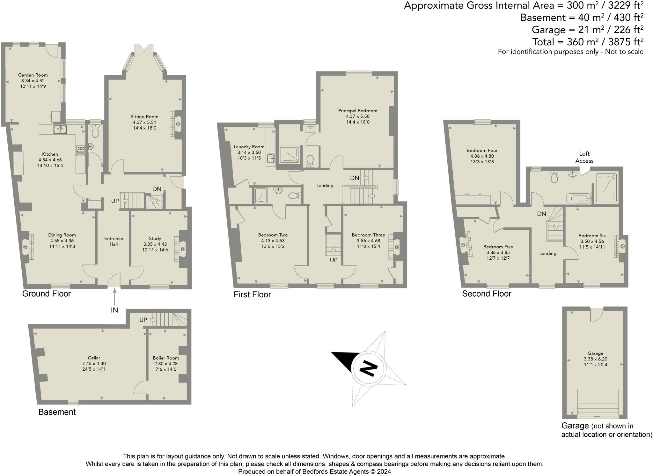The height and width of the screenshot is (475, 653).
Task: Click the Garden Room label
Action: point(33,75)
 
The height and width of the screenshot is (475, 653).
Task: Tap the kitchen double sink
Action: point(60,129)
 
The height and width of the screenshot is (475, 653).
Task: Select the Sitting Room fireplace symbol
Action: point(178,124)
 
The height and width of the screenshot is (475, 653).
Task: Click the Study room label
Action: point(155,238)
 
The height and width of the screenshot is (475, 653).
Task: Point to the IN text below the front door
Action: point(114,310)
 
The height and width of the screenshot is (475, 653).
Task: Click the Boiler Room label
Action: point(166,358)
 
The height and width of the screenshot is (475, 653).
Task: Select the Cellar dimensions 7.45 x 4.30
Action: point(94,364)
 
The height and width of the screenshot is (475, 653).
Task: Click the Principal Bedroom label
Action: point(357,111)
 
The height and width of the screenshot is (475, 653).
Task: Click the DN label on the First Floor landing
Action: point(355,178)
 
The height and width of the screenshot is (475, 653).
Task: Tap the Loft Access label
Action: point(584,157)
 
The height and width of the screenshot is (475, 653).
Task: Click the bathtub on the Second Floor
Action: point(578,198)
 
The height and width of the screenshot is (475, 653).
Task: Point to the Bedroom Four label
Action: point(482,150)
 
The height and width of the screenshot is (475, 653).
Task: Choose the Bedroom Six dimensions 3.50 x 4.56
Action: point(592,241)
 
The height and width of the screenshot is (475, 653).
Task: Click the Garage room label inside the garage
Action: point(595,353)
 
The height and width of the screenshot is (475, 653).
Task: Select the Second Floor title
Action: point(487,294)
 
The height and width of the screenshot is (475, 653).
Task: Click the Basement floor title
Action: point(57,412)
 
